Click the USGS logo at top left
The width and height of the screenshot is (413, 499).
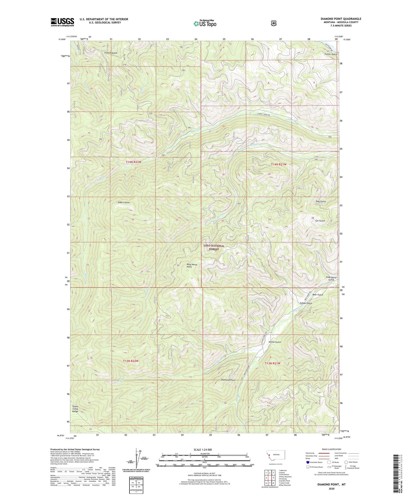pyautogui.click(x=62, y=22)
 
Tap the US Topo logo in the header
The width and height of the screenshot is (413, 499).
pyautogui.click(x=204, y=23)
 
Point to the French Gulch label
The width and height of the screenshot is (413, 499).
pyautogui.click(x=111, y=53)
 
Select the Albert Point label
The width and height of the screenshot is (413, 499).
pyautogui.click(x=123, y=202)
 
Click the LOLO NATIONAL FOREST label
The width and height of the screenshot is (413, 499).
pyautogui.click(x=214, y=247)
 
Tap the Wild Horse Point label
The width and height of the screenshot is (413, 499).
pyautogui.click(x=192, y=266)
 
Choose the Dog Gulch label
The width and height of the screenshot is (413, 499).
pyautogui.click(x=321, y=201)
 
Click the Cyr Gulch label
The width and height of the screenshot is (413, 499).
pyautogui.click(x=320, y=221)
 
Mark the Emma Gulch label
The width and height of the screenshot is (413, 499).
pyautogui.click(x=275, y=342)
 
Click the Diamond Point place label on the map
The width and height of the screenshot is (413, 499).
pyautogui.click(x=228, y=380)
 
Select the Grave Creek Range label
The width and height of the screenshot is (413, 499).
pyautogui.click(x=75, y=409)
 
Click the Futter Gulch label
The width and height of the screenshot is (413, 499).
pyautogui.click(x=330, y=54)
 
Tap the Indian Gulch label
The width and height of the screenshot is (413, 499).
pyautogui.click(x=306, y=303)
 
